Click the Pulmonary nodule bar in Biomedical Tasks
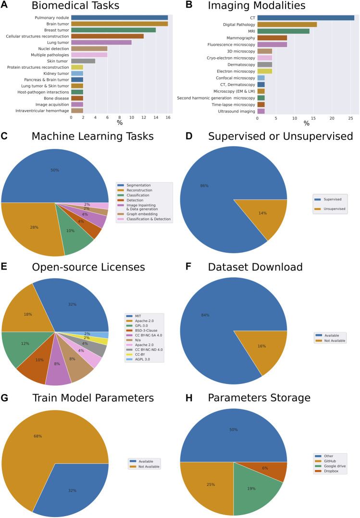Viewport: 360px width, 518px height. [119, 18]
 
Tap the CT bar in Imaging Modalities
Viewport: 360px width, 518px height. [306, 18]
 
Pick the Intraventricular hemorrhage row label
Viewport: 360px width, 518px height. [42, 111]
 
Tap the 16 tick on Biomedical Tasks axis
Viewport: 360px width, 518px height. [168, 118]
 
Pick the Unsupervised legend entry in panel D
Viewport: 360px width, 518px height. [332, 209]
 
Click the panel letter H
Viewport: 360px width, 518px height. [184, 398]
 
